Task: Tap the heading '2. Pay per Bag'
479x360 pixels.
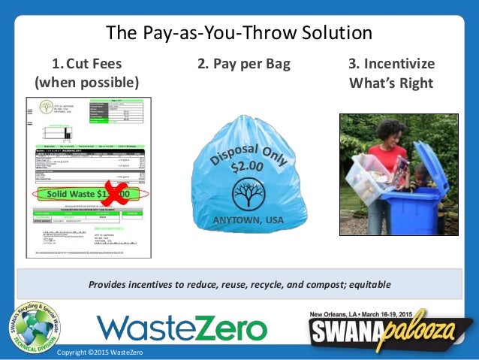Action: (x=239, y=63)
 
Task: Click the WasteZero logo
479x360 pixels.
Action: (x=182, y=328)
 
